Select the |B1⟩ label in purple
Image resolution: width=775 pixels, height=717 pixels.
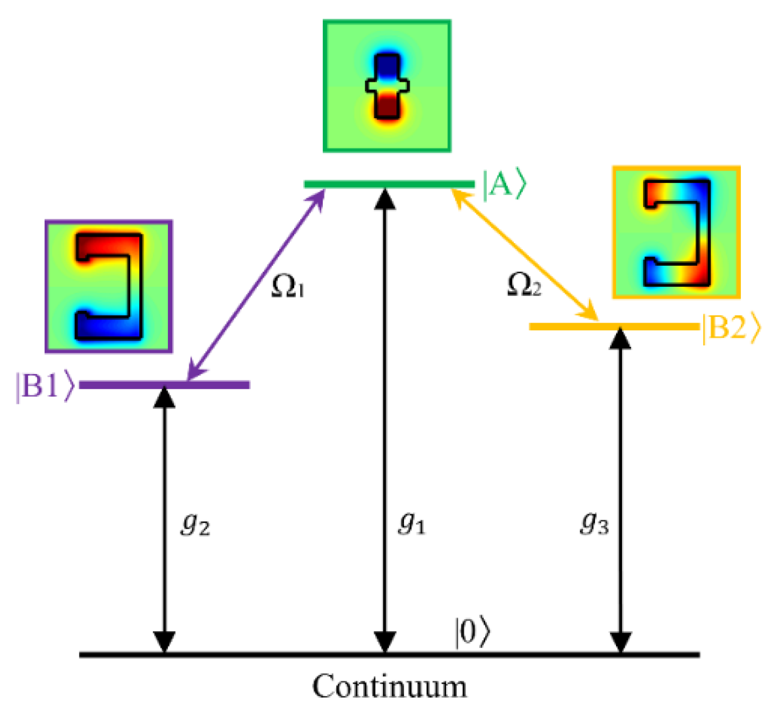click(44, 386)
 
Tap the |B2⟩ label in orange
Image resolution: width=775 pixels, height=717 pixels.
click(731, 328)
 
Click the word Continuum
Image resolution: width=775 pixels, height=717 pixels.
click(389, 687)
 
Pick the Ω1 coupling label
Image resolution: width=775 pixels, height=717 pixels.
click(288, 287)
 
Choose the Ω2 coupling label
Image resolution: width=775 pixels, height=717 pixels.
click(524, 286)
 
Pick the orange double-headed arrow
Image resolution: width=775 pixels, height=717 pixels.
click(524, 254)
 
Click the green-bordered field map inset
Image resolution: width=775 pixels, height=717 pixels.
click(387, 86)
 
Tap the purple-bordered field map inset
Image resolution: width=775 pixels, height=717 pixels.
click(109, 286)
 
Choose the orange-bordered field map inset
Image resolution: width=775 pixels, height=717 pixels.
click(676, 232)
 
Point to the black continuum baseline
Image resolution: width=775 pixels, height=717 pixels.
click(276, 655)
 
